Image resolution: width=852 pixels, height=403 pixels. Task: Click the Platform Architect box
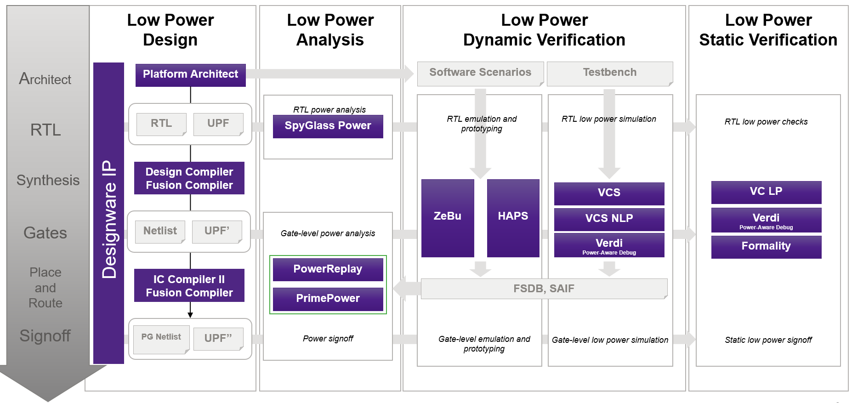coord(190,75)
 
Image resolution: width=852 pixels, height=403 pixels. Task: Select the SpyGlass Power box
coord(328,126)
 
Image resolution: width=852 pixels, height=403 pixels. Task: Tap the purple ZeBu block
coord(448,218)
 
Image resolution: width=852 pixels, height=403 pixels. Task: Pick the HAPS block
coord(513,218)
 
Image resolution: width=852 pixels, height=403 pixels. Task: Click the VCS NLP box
coord(609,219)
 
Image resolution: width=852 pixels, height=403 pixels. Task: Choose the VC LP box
coord(766,192)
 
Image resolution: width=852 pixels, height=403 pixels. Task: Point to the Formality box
coord(766,247)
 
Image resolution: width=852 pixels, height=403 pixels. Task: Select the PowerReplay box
coord(328,269)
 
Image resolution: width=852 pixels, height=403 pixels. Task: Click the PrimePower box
coord(328,299)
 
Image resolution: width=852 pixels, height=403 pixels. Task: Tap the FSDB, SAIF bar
coord(544,289)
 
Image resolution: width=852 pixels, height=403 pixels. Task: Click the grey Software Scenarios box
coord(480,74)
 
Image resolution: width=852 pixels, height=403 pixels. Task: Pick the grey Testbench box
coord(610,74)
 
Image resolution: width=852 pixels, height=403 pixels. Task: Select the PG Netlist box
coord(161,339)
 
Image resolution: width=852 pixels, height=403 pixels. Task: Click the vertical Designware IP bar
coord(108,213)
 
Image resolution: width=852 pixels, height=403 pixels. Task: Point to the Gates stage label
coord(45,233)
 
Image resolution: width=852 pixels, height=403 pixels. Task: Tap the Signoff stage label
coord(45,336)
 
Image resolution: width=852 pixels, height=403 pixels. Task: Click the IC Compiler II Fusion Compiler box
coord(189,285)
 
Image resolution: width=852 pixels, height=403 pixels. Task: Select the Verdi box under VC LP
coord(766,220)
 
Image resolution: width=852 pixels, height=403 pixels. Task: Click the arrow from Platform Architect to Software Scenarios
coord(329,74)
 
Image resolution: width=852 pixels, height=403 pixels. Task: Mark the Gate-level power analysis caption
coord(328,233)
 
